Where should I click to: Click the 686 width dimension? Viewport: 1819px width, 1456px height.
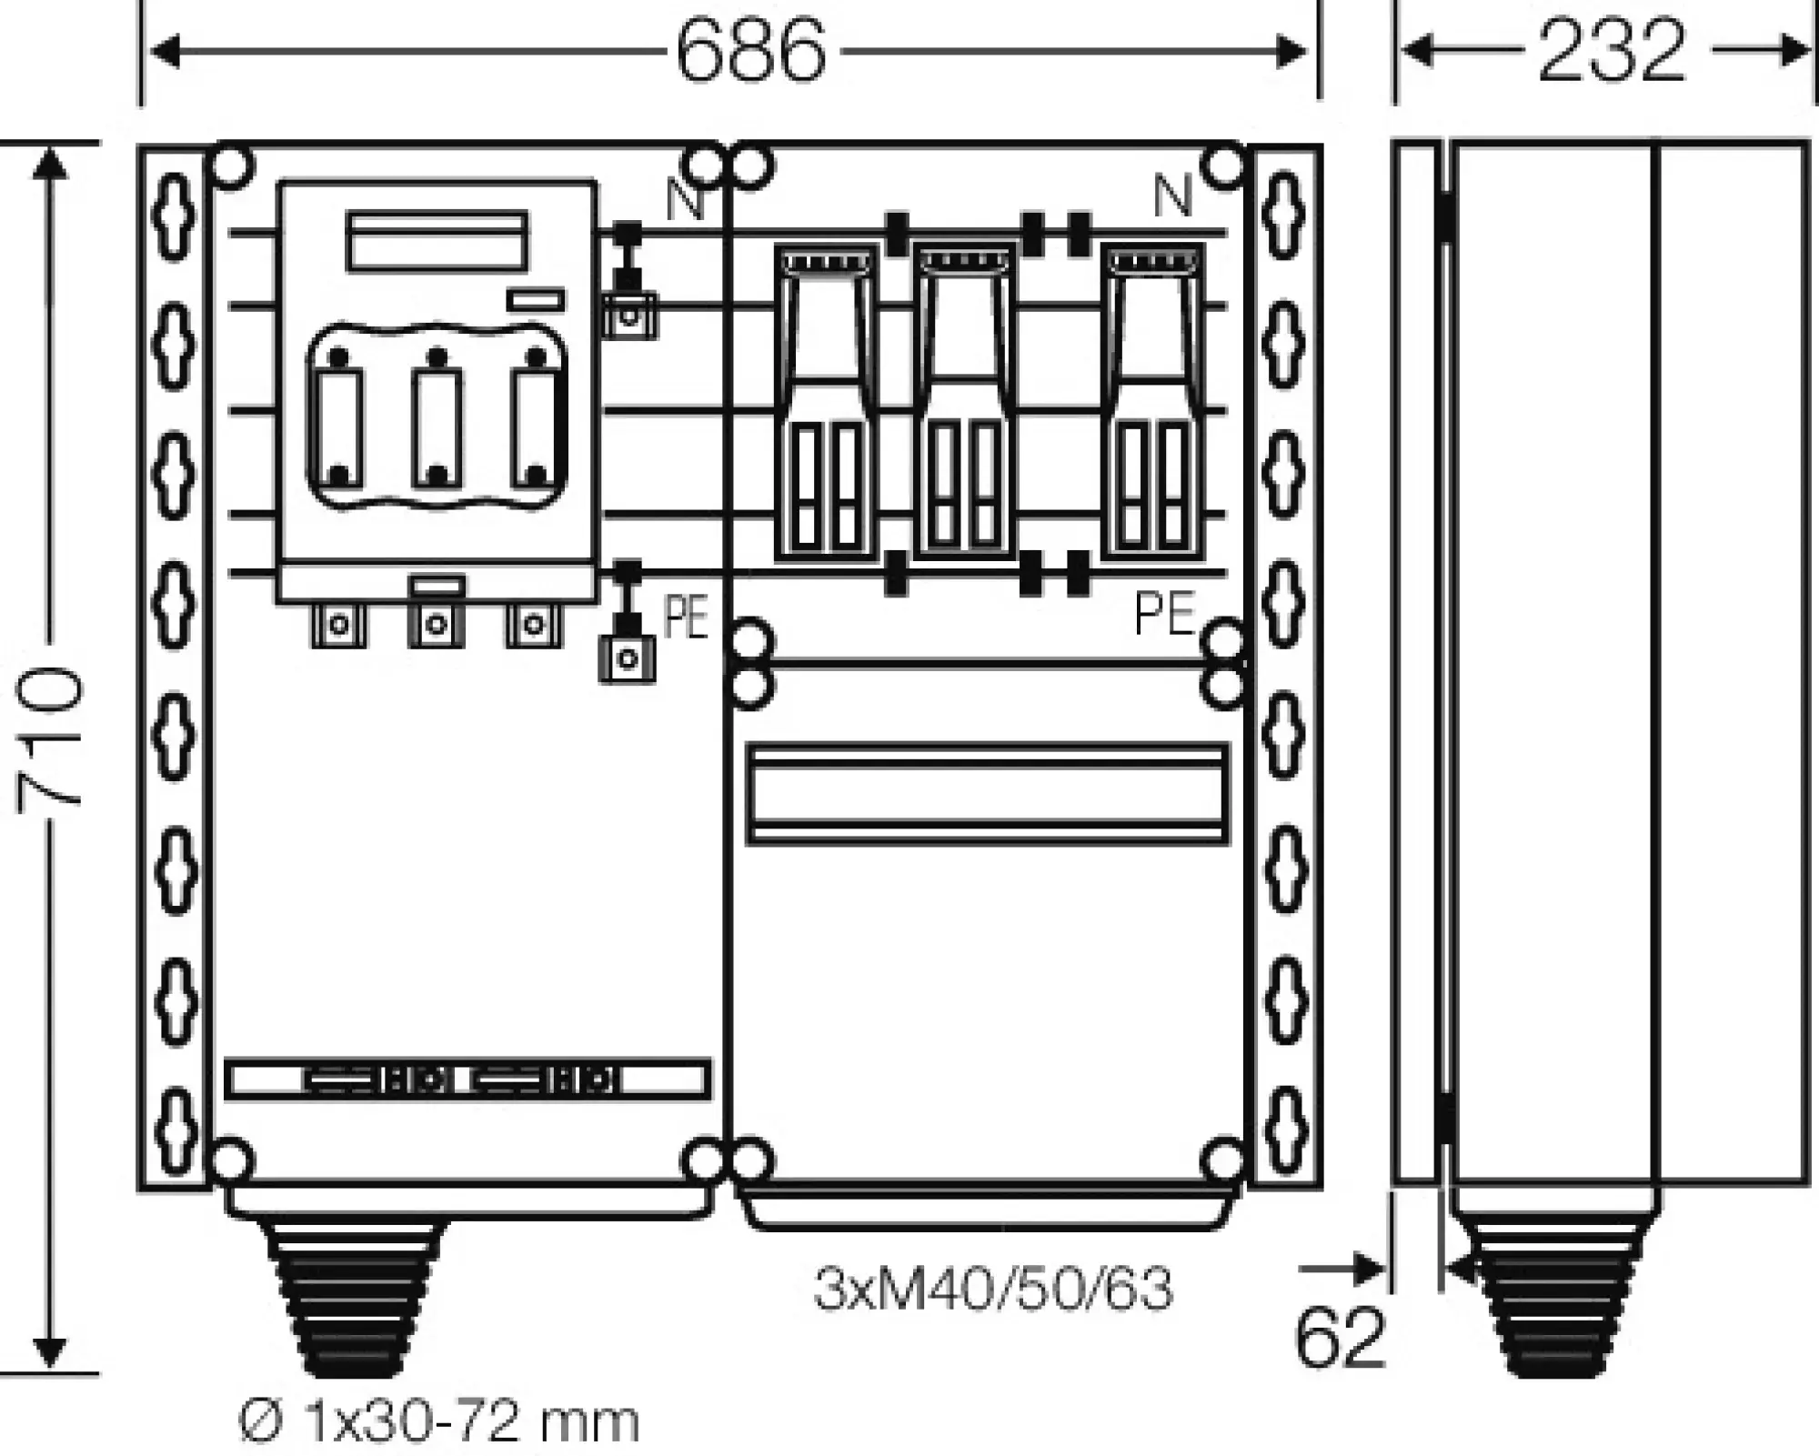(x=751, y=52)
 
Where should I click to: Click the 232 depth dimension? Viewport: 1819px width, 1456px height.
(x=1611, y=52)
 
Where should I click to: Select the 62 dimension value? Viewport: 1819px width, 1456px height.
(x=1339, y=1338)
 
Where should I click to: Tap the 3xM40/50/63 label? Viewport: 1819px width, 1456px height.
(x=992, y=1289)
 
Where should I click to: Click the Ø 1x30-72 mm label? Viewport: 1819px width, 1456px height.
(x=439, y=1422)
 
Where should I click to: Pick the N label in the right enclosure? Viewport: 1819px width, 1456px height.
(x=1172, y=196)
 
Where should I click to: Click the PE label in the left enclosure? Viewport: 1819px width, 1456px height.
(x=686, y=618)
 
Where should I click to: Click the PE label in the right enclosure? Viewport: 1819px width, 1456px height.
(x=1165, y=614)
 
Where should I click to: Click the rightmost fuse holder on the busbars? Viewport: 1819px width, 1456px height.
(x=1151, y=400)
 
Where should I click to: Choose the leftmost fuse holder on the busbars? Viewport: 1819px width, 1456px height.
(x=826, y=400)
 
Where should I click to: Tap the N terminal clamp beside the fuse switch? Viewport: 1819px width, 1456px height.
(x=628, y=315)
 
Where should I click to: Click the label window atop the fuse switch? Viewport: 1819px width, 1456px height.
(x=437, y=241)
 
